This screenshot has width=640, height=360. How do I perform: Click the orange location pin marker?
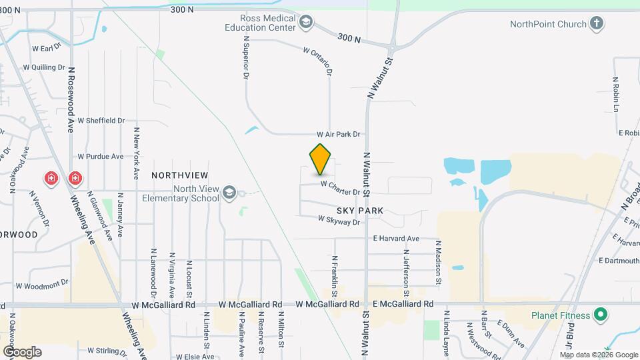321,159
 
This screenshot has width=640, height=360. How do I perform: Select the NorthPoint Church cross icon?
597,24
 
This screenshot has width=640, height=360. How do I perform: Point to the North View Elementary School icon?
229,193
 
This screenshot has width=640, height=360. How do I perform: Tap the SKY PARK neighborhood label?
359,210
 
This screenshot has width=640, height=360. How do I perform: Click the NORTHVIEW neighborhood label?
176,175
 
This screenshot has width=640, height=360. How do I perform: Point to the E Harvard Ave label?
396,238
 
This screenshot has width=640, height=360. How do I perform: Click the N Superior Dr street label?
245,59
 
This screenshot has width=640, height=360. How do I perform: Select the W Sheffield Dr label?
101,121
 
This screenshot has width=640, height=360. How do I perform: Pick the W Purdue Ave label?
101,157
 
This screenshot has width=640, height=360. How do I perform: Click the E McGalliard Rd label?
403,304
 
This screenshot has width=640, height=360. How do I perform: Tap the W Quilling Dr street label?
44,67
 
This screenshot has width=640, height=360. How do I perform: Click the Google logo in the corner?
22,351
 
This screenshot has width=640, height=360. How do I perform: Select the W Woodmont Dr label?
43,284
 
